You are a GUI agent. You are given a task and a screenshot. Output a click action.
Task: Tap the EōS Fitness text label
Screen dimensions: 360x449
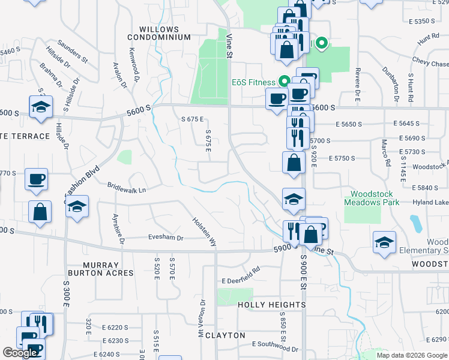253,82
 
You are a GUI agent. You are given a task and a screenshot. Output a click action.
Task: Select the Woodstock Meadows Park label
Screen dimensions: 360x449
372,199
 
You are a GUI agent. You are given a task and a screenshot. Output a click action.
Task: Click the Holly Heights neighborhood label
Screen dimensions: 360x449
272,305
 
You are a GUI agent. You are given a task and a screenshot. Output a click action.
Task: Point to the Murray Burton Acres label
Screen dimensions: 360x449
109,269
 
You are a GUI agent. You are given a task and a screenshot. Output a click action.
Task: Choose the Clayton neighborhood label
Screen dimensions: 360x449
225,335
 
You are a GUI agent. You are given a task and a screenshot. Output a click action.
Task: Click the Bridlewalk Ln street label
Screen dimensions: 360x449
127,190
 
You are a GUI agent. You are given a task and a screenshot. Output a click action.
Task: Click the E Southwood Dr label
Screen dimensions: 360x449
275,344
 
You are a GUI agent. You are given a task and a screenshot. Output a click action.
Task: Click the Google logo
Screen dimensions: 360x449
20,353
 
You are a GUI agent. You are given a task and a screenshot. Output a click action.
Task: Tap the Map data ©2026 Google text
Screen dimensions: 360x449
412,355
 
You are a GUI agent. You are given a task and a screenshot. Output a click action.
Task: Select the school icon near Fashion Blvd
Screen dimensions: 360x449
77,206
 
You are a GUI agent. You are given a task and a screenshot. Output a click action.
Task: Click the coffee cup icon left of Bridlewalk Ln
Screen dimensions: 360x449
37,178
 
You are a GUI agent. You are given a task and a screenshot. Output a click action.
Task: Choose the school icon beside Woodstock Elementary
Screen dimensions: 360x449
384,242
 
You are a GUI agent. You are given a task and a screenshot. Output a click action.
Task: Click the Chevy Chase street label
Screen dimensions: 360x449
430,63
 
